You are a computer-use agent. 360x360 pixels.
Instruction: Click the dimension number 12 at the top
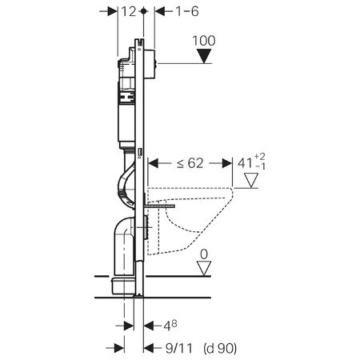(129, 11)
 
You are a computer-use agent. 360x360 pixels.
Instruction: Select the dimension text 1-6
(187, 11)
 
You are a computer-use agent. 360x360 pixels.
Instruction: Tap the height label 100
(204, 41)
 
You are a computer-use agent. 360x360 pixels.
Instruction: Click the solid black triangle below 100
(204, 56)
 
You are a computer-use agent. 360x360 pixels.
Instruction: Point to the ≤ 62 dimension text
(190, 163)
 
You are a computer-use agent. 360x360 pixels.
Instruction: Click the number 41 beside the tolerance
(245, 163)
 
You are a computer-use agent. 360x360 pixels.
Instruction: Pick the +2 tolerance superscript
(260, 157)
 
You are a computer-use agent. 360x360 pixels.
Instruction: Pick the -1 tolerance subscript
(261, 166)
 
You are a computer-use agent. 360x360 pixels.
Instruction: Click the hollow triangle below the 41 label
(251, 181)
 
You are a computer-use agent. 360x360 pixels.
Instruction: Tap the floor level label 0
(204, 254)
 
